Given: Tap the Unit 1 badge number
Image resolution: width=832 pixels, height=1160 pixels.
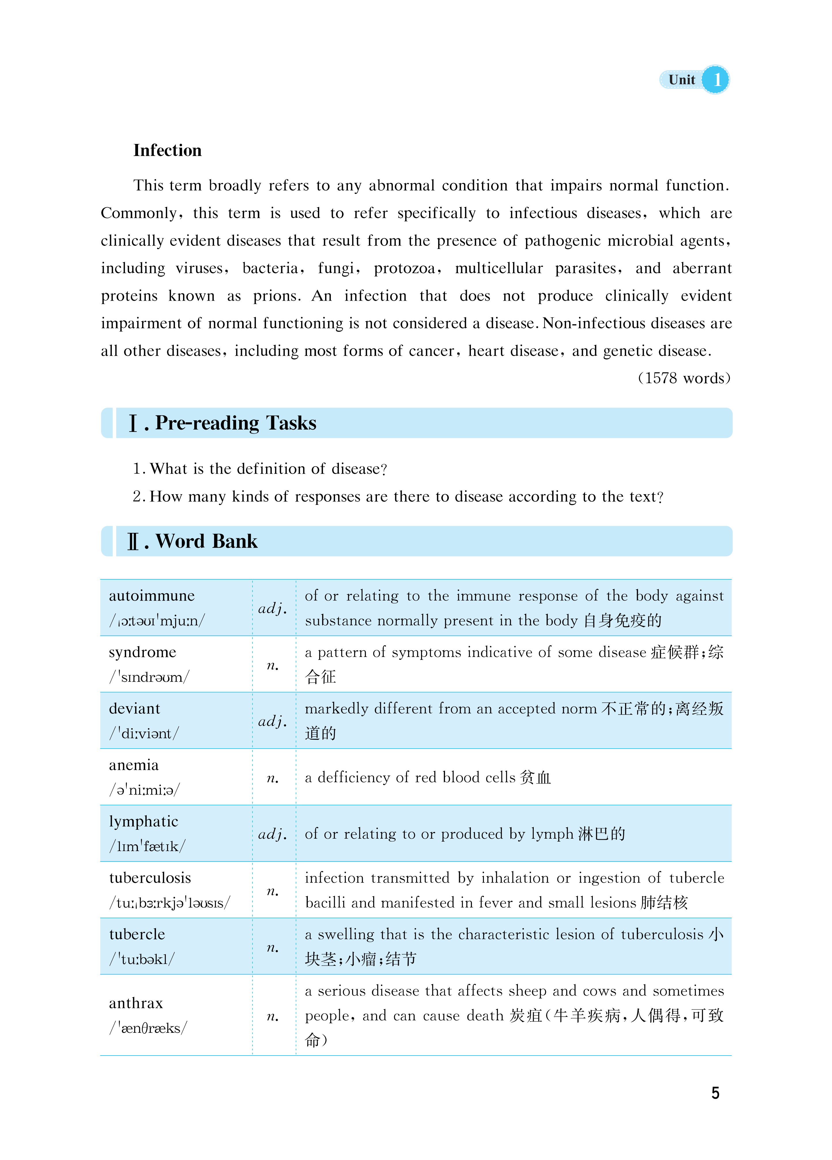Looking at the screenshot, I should click(716, 80).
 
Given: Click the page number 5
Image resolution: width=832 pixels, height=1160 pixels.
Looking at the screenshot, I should click(715, 1093).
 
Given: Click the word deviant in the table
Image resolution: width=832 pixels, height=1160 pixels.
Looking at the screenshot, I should click(134, 709).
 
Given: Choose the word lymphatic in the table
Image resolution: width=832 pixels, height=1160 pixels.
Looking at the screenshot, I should click(143, 821).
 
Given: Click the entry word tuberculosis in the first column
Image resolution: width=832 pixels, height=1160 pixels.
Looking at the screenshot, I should click(150, 878).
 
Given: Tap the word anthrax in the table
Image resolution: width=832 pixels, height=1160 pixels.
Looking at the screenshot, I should click(135, 1003).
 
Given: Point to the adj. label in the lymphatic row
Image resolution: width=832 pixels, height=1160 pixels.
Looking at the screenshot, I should click(272, 834).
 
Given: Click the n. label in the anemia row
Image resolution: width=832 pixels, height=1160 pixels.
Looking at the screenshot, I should click(272, 778).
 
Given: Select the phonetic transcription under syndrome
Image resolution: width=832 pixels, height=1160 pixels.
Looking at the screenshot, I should click(149, 677).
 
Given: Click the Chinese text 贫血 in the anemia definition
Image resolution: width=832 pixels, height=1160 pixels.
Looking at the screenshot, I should click(535, 778).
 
